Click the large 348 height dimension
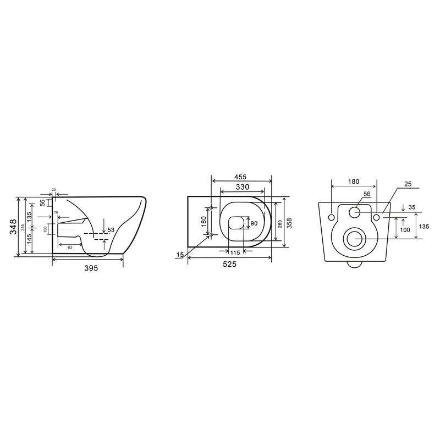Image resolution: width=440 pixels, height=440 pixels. click(12, 227)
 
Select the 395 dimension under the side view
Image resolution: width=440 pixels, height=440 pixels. click(91, 268)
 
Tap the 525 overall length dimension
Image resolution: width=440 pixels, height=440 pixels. click(229, 265)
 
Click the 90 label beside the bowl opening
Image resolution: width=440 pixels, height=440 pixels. click(254, 224)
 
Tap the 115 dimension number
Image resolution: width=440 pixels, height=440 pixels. click(235, 252)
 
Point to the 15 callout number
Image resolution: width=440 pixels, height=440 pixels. click(180, 255)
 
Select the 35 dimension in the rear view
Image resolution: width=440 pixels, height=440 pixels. click(413, 208)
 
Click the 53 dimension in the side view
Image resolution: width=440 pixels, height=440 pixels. click(111, 230)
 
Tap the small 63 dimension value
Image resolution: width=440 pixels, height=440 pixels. click(70, 248)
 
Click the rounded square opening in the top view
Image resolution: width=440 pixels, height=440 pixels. click(237, 222)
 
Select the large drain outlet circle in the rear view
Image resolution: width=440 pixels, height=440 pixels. click(353, 239)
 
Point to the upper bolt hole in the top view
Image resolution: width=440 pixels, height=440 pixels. click(211, 208)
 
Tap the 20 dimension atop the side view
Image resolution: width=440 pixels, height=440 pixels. click(54, 190)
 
